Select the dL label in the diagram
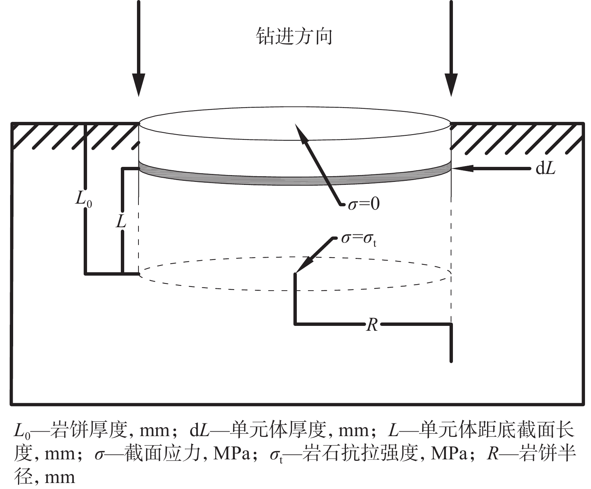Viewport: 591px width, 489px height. (x=545, y=169)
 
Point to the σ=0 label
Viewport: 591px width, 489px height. (x=364, y=204)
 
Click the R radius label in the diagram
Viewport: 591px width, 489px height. (x=371, y=325)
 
